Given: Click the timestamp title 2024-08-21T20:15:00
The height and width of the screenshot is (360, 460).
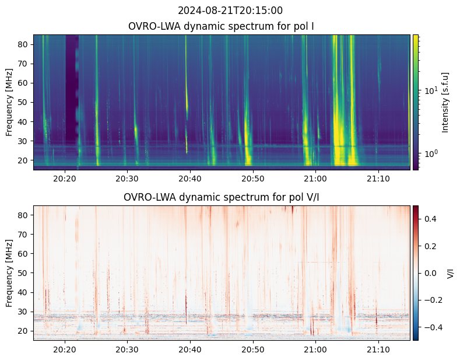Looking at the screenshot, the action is coord(230,11).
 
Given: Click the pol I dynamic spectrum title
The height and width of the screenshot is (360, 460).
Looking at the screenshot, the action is coord(221,26).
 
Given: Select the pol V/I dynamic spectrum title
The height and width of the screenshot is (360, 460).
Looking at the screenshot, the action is coord(221,197).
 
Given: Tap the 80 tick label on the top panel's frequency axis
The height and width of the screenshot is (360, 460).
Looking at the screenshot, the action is coord(24,44).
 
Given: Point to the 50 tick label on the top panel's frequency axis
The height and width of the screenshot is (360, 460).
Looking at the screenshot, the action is coord(24,103).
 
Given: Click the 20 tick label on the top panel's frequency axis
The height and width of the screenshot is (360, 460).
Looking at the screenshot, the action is coord(24,160).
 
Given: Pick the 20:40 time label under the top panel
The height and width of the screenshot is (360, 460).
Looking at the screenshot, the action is coord(190,179).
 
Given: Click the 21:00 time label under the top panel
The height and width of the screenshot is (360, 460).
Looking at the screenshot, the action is coord(315,179).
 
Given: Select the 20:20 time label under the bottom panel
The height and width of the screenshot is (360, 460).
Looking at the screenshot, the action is coord(65,349).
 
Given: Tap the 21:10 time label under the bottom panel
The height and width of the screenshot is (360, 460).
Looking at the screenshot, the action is coord(378,349).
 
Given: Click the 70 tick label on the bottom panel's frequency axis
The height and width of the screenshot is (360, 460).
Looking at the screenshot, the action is coord(24,235).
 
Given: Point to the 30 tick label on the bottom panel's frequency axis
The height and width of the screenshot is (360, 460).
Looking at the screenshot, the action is coord(24,312).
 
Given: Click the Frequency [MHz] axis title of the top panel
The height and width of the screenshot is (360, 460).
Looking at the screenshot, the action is coord(9,103).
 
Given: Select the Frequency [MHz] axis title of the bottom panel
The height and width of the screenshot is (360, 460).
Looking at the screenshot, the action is coord(9,274).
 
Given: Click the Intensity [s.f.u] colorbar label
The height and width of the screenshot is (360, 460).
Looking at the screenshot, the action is coord(445,103).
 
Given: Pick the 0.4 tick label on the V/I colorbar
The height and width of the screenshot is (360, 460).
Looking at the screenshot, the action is coord(430,219).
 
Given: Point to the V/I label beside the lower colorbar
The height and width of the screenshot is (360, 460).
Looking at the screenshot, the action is coord(450,274).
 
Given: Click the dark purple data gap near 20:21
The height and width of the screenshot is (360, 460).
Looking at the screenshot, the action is coord(72,88).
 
